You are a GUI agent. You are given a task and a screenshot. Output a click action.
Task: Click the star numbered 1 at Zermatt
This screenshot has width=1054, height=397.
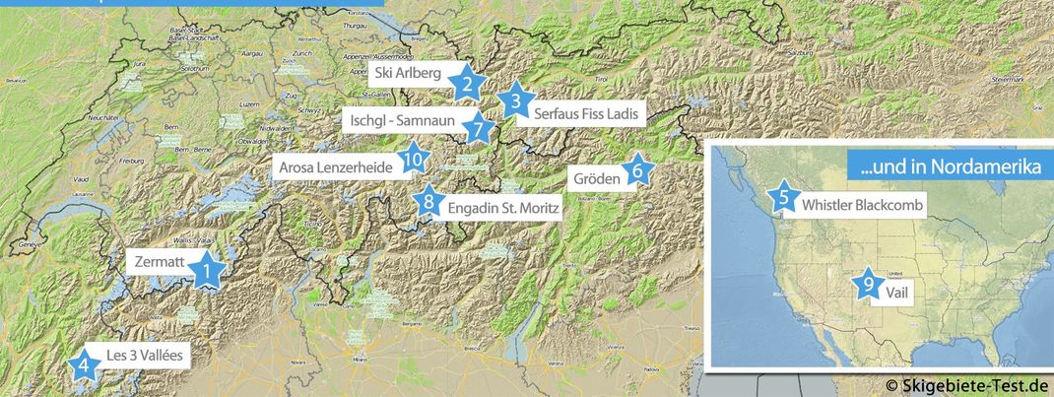coord(207,269)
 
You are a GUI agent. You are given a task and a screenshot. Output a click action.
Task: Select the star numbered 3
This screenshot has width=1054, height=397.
coord(514,100)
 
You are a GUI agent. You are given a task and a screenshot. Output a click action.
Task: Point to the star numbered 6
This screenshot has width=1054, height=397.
coord(637,171)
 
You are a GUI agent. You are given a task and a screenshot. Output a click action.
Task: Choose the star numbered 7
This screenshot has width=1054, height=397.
coord(477,127)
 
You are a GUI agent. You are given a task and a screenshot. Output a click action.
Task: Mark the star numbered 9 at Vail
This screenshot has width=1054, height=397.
coord(868,284)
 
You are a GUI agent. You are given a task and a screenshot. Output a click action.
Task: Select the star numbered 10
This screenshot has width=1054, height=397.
coord(413,159)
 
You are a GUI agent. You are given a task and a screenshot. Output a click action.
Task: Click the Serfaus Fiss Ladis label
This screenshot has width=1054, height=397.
coord(587,114)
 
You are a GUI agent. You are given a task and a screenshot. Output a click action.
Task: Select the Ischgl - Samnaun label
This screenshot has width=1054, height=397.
coord(402,121)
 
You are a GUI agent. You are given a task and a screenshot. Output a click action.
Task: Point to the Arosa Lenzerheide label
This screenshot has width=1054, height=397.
coord(337,167)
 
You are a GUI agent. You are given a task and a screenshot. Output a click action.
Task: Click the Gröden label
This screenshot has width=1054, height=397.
coord(594,178)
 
